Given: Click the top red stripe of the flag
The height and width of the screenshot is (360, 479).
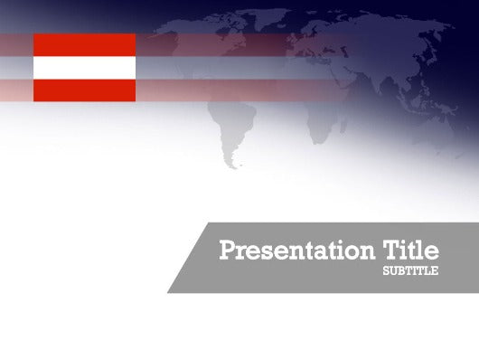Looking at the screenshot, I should click(84, 44).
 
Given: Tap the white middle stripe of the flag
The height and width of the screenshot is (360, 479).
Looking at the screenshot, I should click(84, 67).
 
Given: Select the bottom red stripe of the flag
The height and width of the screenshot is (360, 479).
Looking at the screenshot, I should click(84, 90).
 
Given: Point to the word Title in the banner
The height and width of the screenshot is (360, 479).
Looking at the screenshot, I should click(411, 250).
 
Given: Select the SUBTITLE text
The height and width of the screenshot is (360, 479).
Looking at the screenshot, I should click(410, 270).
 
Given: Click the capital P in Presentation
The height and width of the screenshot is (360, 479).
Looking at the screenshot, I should click(228, 251).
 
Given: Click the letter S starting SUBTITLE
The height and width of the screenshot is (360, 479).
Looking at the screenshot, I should click(386, 270).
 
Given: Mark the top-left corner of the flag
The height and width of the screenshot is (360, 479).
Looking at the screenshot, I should click(34, 34).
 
